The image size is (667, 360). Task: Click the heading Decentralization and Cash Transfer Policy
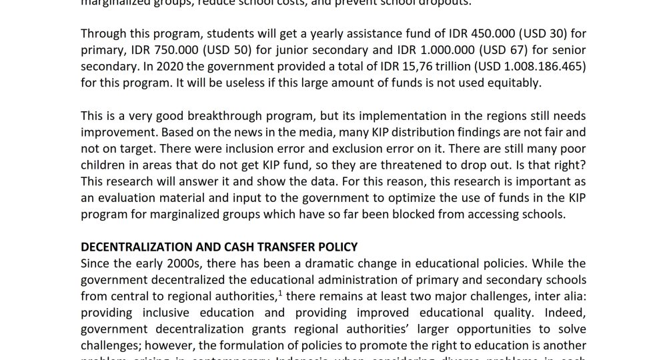pos(219,247)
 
